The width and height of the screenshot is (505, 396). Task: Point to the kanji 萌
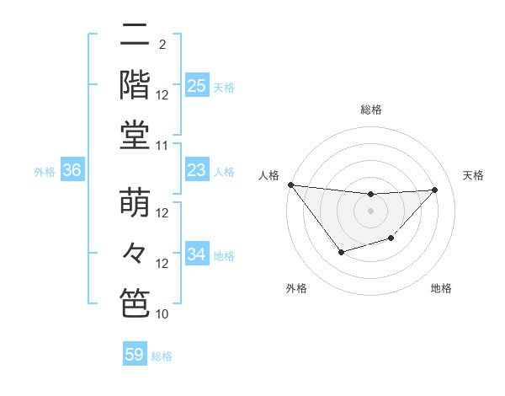135,203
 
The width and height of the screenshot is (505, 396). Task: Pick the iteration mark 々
135,253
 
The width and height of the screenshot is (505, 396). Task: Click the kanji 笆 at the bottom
135,302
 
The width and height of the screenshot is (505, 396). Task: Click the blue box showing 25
196,85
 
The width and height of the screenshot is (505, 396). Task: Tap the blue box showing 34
196,254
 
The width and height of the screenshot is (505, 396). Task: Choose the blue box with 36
72,171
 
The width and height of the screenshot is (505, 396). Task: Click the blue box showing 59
135,355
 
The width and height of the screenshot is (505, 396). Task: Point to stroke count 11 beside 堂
162,146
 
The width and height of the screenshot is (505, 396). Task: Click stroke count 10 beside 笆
162,314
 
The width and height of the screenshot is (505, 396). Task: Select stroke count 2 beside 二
162,45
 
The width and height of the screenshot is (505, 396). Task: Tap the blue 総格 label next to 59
162,356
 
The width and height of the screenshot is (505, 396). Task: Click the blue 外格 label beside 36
45,172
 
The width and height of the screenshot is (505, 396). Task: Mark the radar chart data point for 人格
290,185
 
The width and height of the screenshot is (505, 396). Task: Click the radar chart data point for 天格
435,190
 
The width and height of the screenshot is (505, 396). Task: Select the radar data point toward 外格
340,252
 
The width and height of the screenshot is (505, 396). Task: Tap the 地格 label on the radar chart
441,288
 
